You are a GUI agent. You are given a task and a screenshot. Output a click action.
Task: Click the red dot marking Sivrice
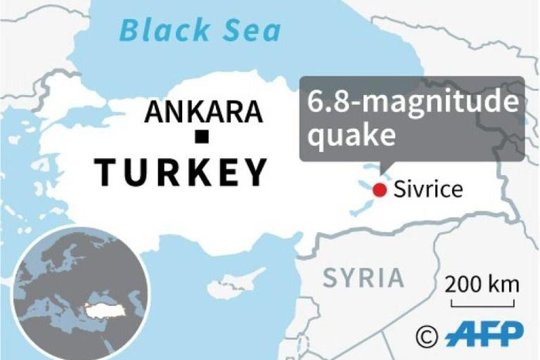[x=379, y=190]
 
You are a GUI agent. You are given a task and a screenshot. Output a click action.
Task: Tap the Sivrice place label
[x=428, y=190]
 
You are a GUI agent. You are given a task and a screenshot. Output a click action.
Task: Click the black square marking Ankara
[x=203, y=138]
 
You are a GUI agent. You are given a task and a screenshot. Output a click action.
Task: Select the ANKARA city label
[x=204, y=113]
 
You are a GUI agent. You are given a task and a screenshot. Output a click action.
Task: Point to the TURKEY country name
[x=181, y=171]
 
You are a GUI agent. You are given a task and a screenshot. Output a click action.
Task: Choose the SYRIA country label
[x=363, y=278]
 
